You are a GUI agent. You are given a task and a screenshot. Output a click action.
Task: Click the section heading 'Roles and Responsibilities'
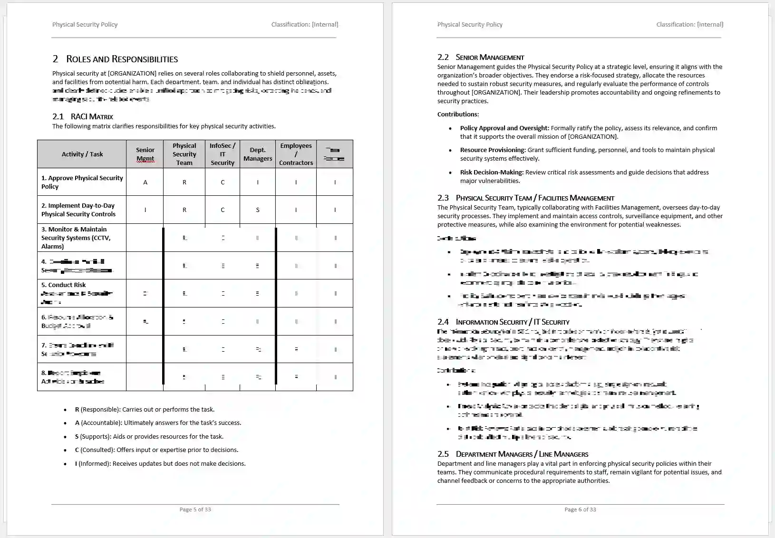[122, 59]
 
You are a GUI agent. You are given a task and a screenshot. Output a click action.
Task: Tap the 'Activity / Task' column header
[82, 154]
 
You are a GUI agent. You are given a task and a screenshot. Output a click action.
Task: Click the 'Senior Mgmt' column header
[145, 154]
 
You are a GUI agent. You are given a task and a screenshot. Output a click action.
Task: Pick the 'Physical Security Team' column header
[184, 154]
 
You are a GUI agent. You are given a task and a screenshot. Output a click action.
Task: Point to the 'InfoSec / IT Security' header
[222, 154]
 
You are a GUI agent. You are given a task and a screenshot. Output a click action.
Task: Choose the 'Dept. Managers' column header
[258, 154]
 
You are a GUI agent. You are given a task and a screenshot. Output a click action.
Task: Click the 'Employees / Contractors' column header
[296, 154]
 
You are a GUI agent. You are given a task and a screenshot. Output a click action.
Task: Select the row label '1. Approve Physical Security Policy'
[82, 182]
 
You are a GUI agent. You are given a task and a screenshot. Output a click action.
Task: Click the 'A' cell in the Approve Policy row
[145, 182]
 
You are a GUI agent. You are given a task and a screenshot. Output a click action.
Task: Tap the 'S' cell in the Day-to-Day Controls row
[258, 210]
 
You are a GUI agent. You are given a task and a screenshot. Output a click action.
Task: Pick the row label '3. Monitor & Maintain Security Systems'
[76, 238]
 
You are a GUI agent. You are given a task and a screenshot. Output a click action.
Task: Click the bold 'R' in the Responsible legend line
[77, 409]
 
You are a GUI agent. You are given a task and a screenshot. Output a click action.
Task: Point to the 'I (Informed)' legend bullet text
[160, 463]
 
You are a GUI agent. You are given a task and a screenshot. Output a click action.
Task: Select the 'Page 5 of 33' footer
[195, 509]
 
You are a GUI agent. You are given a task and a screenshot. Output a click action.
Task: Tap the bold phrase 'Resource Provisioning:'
[493, 150]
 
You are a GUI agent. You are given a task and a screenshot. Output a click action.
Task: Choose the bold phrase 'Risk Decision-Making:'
[492, 172]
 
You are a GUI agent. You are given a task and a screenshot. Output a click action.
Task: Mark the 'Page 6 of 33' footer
[580, 509]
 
